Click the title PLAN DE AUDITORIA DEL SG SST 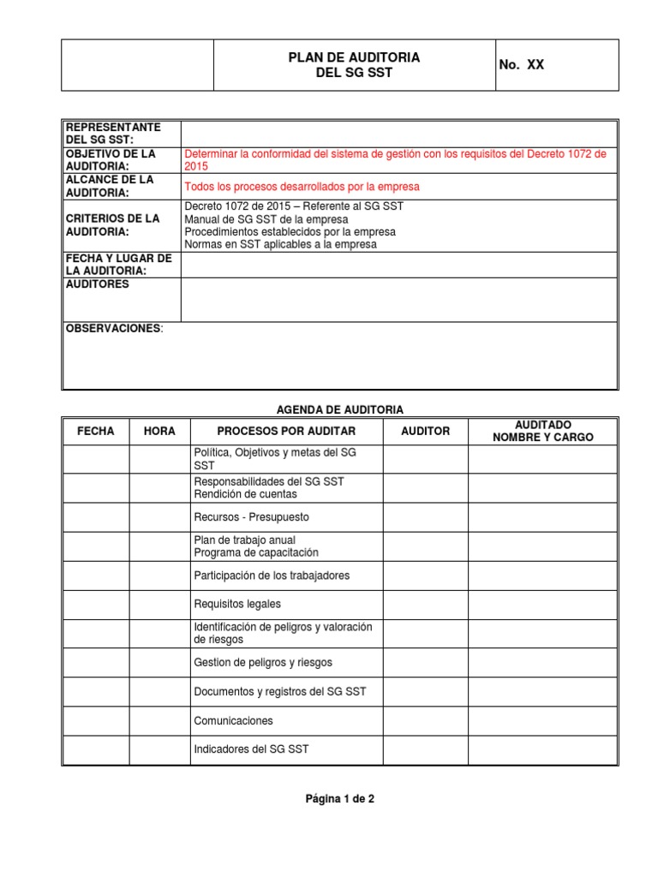pyautogui.click(x=354, y=65)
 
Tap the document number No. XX pyautogui.click(x=521, y=65)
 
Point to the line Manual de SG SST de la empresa pyautogui.click(x=266, y=219)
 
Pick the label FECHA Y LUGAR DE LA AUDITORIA pyautogui.click(x=119, y=265)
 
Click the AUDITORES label pyautogui.click(x=98, y=284)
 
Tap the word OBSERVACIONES pyautogui.click(x=113, y=329)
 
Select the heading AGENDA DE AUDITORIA pyautogui.click(x=340, y=409)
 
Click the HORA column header pyautogui.click(x=159, y=431)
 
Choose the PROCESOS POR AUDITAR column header pyautogui.click(x=286, y=431)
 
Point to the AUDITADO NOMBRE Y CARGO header pyautogui.click(x=542, y=431)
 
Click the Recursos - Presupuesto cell pyautogui.click(x=252, y=517)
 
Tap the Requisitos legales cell pyautogui.click(x=237, y=605)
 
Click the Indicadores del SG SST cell pyautogui.click(x=251, y=749)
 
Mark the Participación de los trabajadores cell pyautogui.click(x=272, y=576)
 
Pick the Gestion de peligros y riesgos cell pyautogui.click(x=263, y=663)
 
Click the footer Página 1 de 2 pyautogui.click(x=340, y=799)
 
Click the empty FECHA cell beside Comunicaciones pyautogui.click(x=95, y=721)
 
